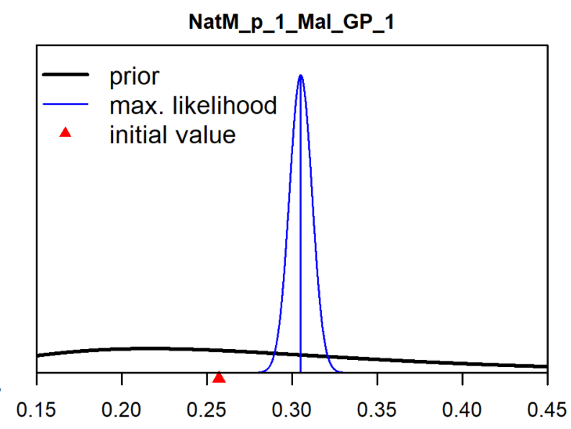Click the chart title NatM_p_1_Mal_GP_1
(292, 22)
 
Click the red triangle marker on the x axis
(219, 378)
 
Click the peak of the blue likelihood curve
(300, 76)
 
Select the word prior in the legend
(134, 76)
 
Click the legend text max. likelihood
(193, 105)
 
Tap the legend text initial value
(172, 134)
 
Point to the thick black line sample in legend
(66, 74)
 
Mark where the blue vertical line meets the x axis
(300, 372)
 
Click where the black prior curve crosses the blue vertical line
(300, 355)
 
